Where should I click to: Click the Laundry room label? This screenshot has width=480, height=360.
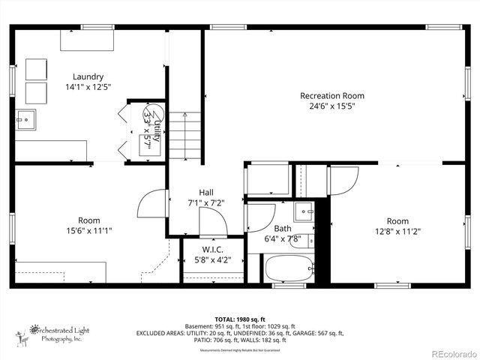(88, 76)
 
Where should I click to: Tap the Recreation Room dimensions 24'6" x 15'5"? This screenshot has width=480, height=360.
(331, 106)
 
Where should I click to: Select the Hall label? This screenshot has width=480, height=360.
(205, 192)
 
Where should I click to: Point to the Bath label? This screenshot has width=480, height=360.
(283, 229)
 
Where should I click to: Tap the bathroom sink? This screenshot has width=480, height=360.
(304, 211)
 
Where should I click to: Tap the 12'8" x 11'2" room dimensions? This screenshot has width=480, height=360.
(397, 232)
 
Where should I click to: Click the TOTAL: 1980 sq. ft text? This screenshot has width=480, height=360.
(240, 319)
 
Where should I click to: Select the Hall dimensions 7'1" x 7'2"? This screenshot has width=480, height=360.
(205, 202)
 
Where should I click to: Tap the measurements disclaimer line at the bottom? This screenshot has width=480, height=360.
(240, 349)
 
